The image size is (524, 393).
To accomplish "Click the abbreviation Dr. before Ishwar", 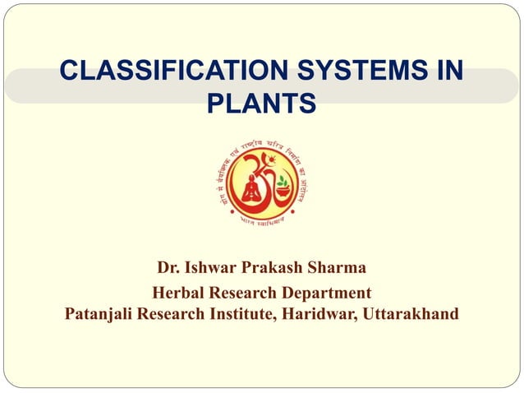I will [168, 268].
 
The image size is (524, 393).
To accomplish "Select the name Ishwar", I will [215, 268].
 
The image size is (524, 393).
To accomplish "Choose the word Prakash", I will [280, 268].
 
